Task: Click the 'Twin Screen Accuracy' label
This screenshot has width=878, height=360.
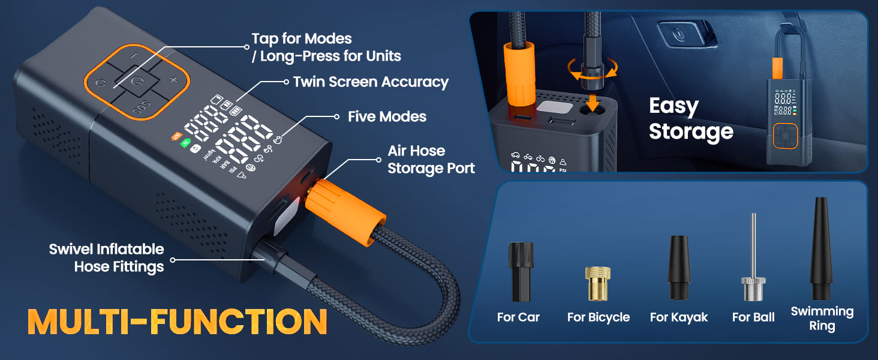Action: point(371,82)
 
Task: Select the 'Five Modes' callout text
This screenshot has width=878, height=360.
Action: point(387,116)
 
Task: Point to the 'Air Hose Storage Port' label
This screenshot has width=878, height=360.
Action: point(431,160)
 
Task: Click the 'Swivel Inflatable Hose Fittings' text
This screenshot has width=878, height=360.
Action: point(106,258)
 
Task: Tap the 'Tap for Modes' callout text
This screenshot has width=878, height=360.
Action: point(326,47)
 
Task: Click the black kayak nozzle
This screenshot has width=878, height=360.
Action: point(679,268)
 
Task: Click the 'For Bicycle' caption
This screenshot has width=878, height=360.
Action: point(598,317)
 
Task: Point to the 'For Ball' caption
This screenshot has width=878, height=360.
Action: point(753,317)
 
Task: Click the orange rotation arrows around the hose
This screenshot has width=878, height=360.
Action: point(591,71)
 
